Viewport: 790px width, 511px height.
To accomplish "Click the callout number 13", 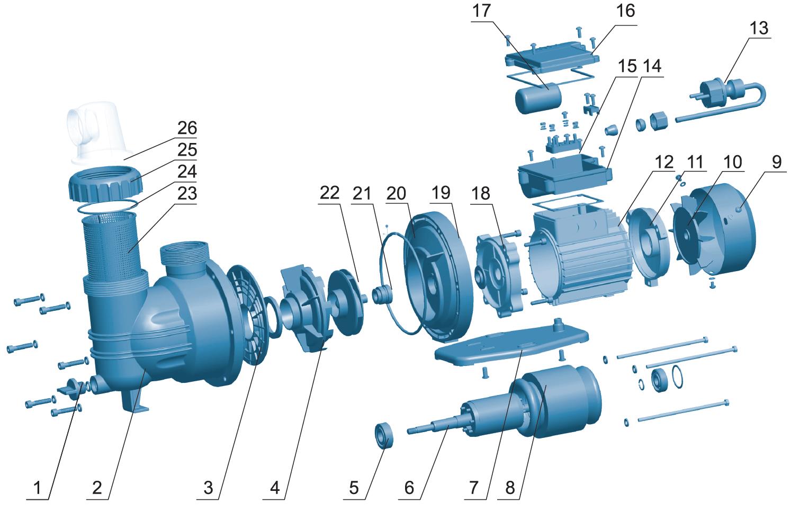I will pos(759,28).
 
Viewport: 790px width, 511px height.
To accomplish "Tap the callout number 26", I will pos(187,129).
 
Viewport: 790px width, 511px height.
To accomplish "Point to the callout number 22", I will pos(329,194).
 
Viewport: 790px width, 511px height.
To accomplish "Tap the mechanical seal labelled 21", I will pos(381,294).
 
